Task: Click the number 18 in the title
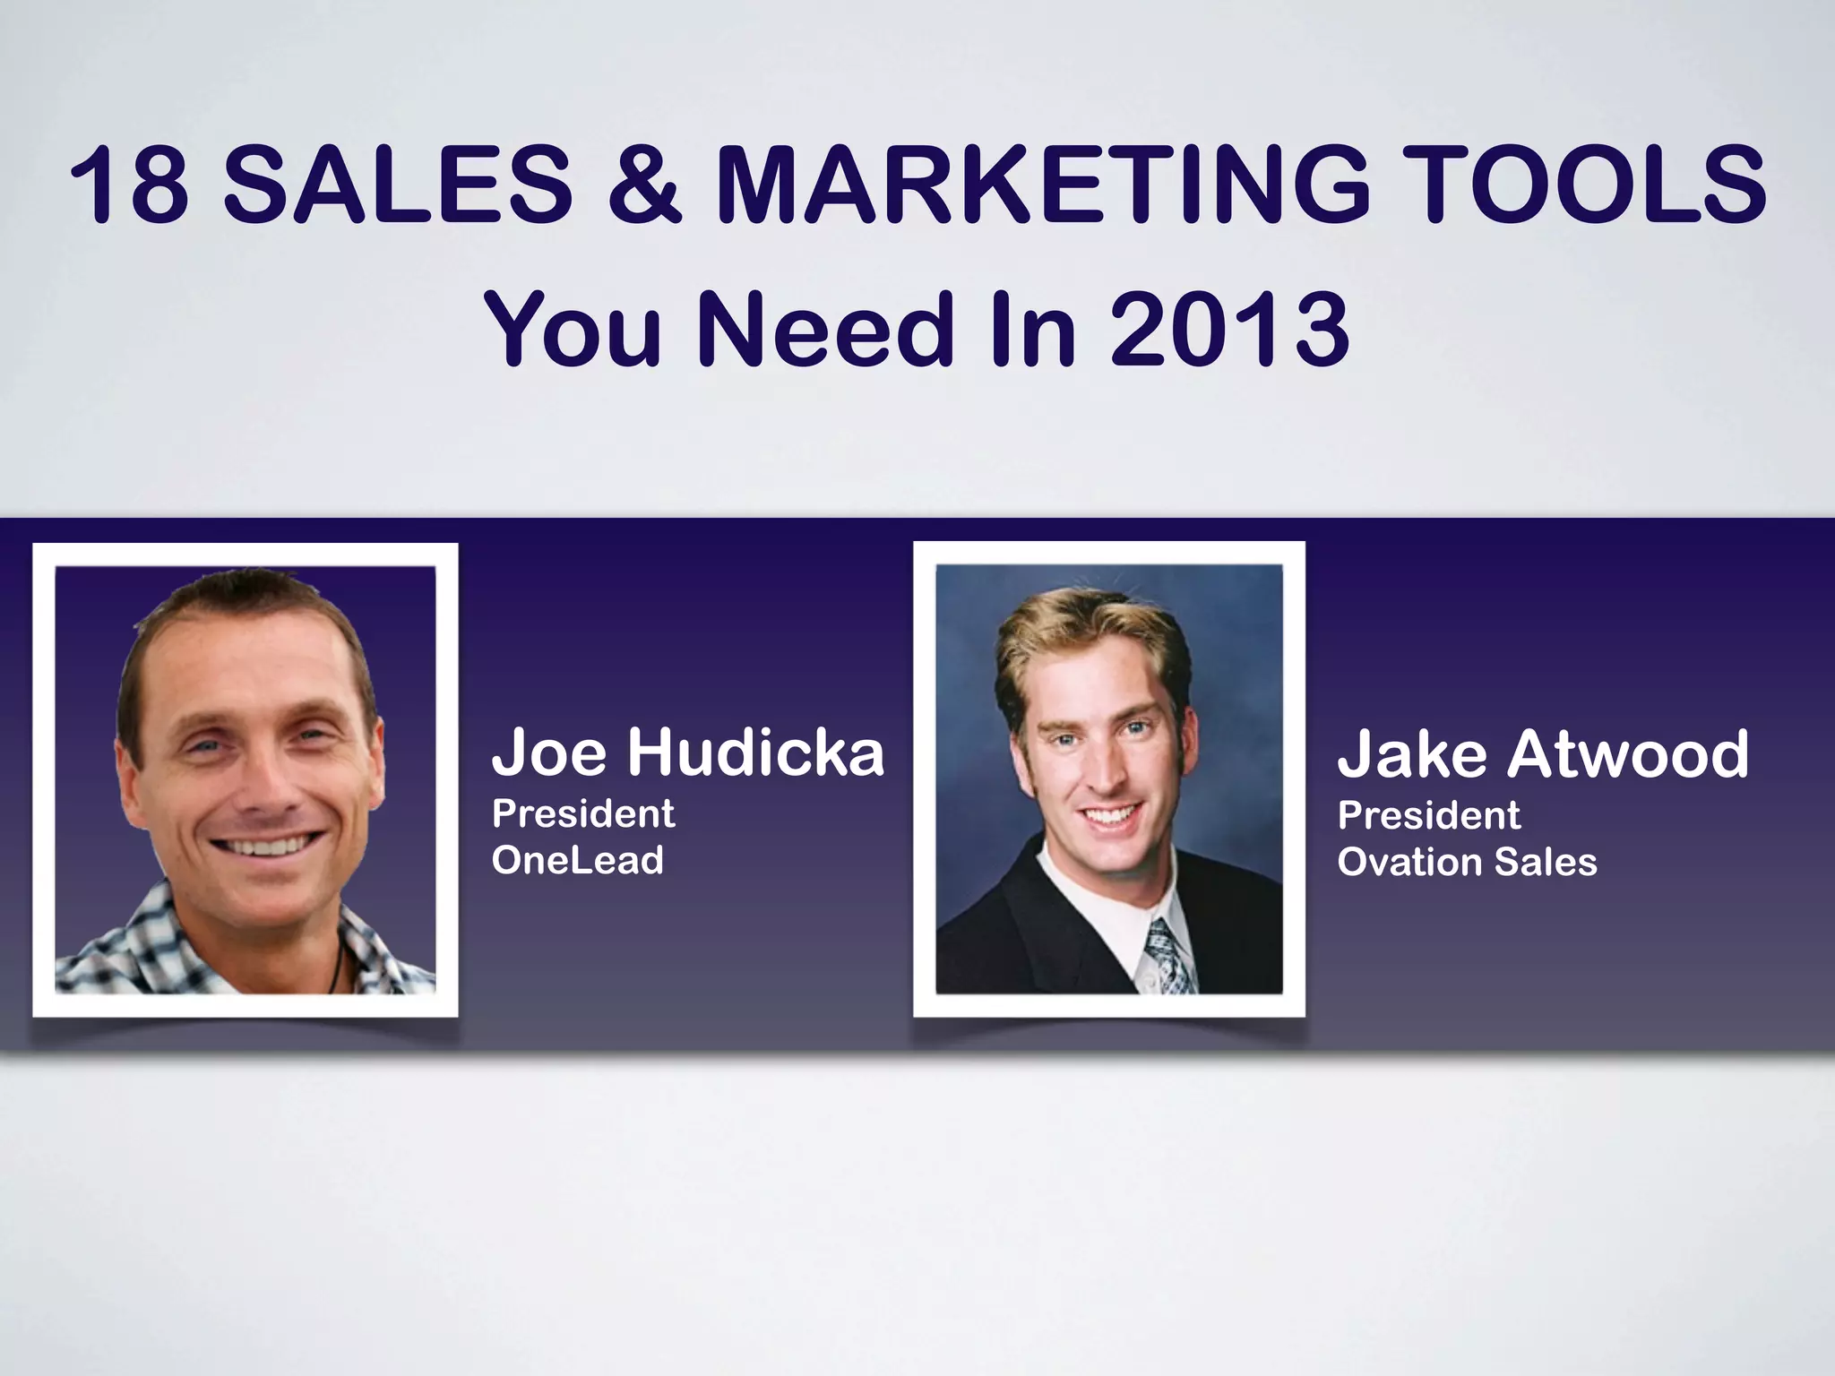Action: (129, 186)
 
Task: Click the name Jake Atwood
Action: (1542, 753)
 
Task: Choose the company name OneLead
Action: (578, 860)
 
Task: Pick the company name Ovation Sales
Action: (1467, 862)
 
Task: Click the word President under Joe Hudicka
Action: (583, 813)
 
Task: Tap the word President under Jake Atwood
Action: (1428, 815)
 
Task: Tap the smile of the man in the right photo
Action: (1109, 815)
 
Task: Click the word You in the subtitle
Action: (573, 329)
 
